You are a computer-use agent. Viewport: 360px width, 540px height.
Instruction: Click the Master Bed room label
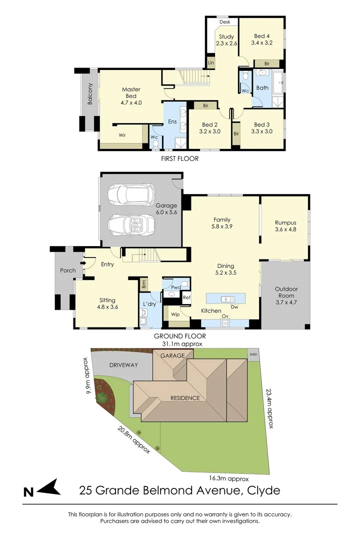(131, 89)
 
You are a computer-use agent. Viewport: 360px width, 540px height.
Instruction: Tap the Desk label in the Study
(224, 22)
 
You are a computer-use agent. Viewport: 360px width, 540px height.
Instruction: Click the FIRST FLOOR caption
(179, 158)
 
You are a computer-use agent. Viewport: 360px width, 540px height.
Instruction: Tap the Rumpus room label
(285, 223)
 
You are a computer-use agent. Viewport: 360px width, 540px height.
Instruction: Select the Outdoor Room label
(286, 292)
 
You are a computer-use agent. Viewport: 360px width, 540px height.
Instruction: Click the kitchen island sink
(226, 299)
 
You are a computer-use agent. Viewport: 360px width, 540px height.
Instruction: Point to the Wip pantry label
(175, 314)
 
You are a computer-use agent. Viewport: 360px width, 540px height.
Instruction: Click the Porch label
(67, 270)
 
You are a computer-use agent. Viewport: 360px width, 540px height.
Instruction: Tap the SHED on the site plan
(254, 353)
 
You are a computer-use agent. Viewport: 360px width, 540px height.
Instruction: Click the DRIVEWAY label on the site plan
(123, 365)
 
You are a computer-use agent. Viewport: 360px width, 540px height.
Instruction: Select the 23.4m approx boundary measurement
(269, 408)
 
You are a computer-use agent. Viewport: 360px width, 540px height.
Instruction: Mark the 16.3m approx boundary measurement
(228, 477)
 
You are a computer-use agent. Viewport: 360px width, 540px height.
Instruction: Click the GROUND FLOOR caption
(179, 336)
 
